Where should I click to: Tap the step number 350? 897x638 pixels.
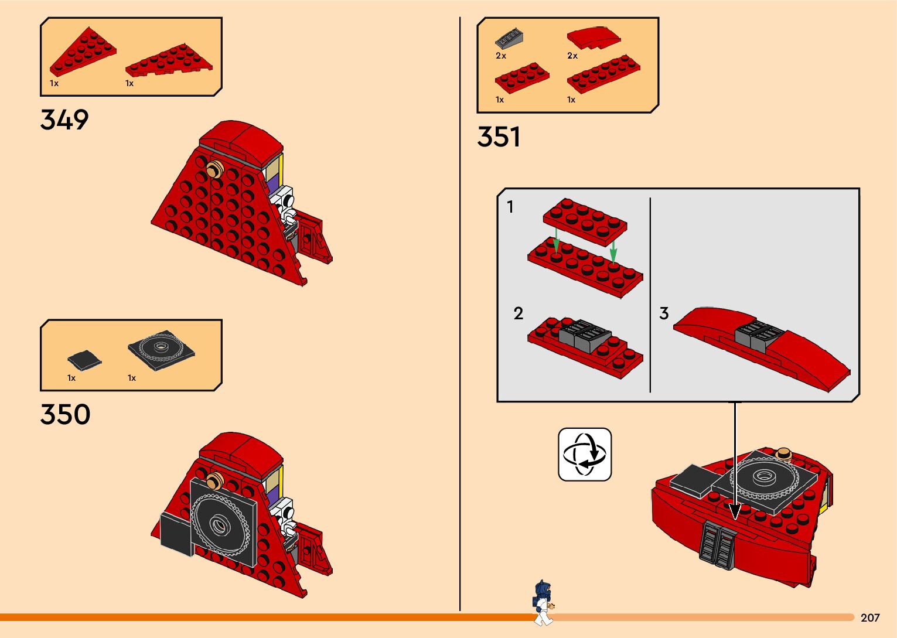point(65,414)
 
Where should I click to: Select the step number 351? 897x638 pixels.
point(499,137)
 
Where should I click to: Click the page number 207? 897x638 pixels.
point(870,617)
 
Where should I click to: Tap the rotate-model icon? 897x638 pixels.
point(585,455)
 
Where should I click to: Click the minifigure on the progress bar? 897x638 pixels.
point(543,602)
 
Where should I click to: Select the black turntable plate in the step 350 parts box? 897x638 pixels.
point(161,350)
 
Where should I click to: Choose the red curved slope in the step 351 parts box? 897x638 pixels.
point(594,38)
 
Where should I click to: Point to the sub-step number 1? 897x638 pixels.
point(510,207)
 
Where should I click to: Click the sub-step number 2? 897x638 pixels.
point(518,313)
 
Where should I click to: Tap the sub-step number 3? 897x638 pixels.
point(664,313)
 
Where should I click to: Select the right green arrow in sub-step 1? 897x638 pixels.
point(613,252)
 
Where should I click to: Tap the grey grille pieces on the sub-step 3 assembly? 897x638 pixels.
point(758,335)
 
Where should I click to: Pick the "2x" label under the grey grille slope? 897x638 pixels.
point(501,56)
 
